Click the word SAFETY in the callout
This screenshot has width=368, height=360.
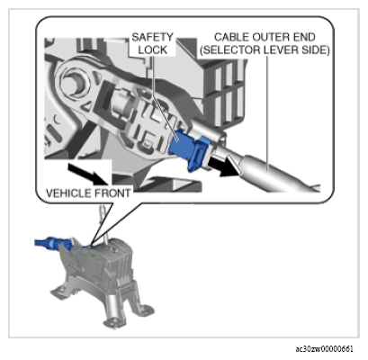pyautogui.click(x=153, y=37)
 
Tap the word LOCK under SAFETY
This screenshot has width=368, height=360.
pyautogui.click(x=153, y=49)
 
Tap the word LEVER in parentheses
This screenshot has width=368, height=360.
pyautogui.click(x=282, y=50)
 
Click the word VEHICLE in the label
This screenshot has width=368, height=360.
pyautogui.click(x=68, y=193)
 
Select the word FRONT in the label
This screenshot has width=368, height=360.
pyautogui.click(x=112, y=193)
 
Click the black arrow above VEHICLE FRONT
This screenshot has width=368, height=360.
pyautogui.click(x=87, y=174)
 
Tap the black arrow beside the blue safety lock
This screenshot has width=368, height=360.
pyautogui.click(x=225, y=166)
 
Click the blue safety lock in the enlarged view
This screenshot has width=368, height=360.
pyautogui.click(x=188, y=148)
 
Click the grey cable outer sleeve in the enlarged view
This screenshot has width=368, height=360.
pyautogui.click(x=279, y=173)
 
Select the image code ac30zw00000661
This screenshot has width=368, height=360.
pyautogui.click(x=325, y=349)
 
